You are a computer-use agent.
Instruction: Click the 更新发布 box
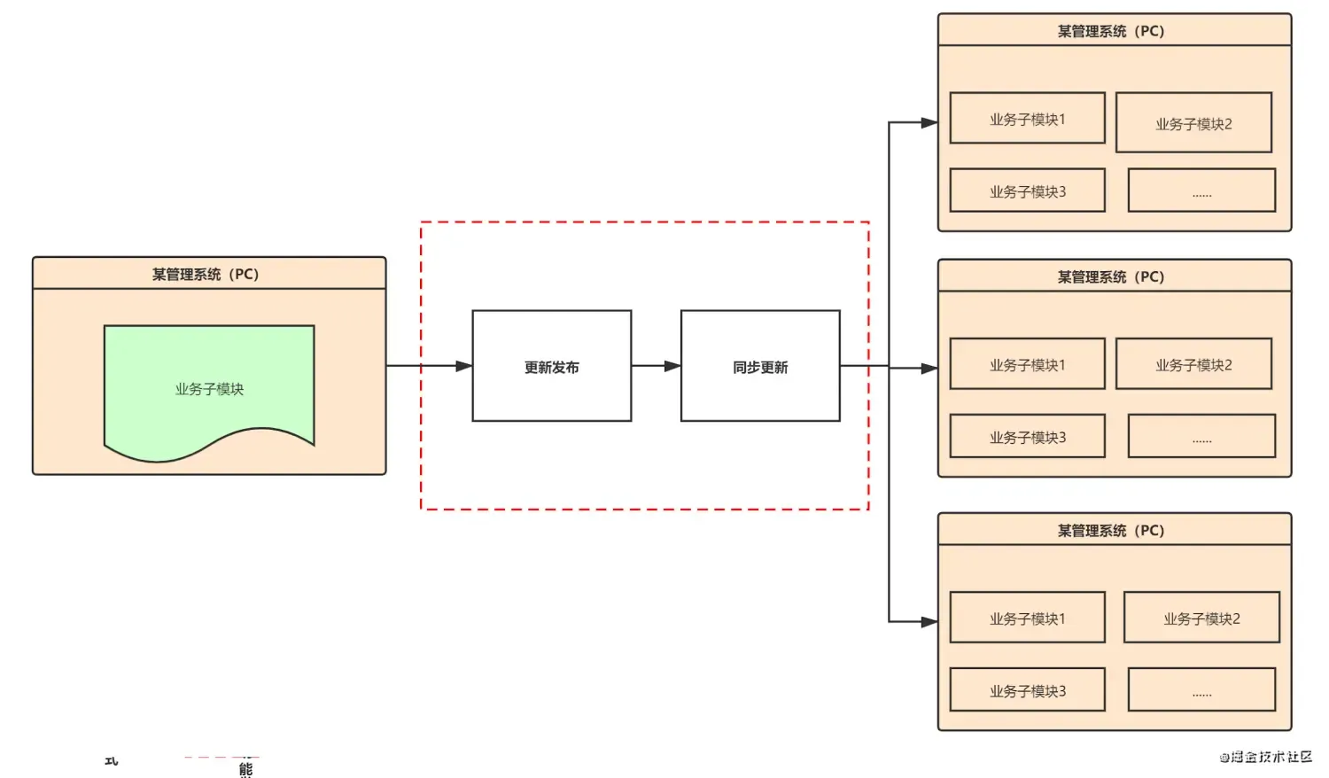551,366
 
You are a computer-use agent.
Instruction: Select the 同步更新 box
760,366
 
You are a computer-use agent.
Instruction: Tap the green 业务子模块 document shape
209,388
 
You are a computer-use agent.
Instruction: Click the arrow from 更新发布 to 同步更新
656,366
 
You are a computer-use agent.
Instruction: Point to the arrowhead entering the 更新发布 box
463,366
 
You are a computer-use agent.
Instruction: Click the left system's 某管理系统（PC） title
206,274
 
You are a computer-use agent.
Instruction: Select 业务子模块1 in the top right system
1027,119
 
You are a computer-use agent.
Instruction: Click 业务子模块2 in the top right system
1193,123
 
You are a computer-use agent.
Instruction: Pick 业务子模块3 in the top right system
1027,191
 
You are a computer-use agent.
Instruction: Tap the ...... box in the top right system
1201,191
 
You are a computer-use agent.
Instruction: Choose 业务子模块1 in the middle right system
1027,364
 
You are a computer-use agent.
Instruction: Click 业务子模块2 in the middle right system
1193,364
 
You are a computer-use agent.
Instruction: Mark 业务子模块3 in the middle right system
1027,437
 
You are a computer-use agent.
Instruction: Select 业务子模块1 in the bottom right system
1027,618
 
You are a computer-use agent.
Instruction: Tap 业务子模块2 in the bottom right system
1201,618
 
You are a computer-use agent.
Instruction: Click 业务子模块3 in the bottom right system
1027,690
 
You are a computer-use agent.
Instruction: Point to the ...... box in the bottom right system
1201,690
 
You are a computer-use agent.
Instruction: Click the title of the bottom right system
1111,530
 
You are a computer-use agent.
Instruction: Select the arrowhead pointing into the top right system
929,122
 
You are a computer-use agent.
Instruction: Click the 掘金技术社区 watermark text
1266,757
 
